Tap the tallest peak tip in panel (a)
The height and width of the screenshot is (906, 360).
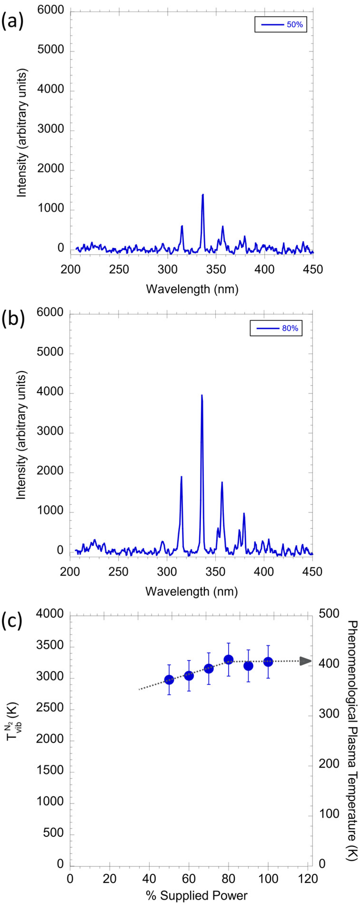point(203,194)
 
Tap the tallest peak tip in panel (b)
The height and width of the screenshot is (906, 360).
point(202,395)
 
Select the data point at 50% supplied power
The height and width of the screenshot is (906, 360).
point(169,679)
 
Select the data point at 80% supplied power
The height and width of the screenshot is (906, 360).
point(228,660)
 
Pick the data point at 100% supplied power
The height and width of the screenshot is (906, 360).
point(268,662)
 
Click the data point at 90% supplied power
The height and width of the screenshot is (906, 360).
point(248,666)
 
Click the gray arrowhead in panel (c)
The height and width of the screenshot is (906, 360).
point(306,661)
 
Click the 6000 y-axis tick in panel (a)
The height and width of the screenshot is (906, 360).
point(51,10)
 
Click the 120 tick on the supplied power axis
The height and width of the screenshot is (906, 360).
point(308,879)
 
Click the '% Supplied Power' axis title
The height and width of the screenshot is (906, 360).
point(197,896)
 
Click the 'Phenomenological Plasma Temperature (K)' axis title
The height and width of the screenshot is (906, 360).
point(352,740)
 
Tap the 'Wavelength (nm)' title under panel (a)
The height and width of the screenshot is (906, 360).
point(192,289)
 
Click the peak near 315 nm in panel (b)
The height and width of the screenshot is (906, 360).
point(181,477)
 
